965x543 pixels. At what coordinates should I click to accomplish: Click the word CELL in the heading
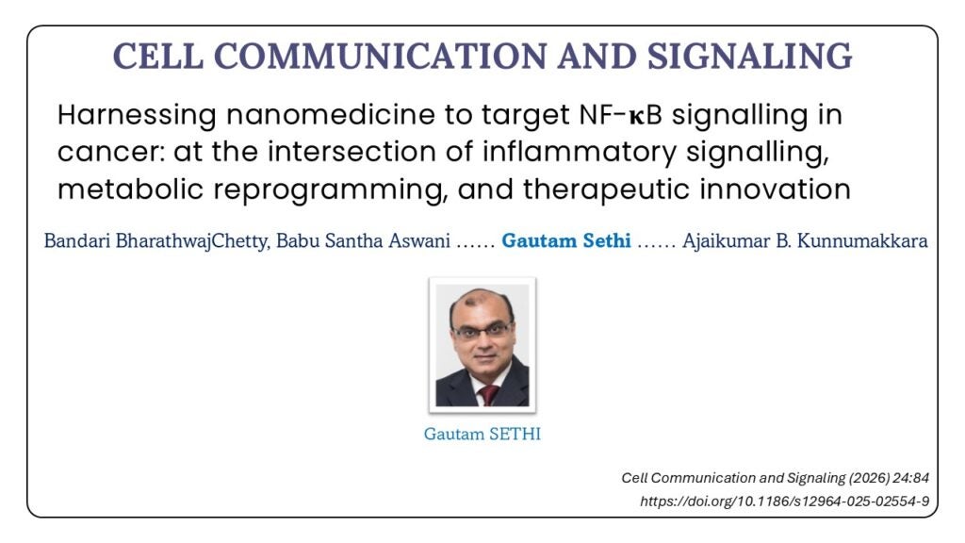click(158, 56)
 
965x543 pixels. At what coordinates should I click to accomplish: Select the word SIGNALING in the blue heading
click(749, 56)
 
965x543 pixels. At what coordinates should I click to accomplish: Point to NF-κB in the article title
click(620, 114)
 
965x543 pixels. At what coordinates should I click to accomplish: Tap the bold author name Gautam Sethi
click(566, 240)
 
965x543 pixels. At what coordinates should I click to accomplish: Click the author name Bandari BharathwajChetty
click(156, 240)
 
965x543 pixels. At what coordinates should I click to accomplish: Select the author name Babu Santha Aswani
click(363, 240)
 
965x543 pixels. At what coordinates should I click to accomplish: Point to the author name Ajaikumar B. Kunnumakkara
click(805, 240)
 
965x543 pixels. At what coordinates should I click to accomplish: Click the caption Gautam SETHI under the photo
click(482, 434)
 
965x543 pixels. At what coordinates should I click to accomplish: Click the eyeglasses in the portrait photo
click(482, 332)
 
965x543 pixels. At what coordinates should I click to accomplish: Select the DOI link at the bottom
click(785, 502)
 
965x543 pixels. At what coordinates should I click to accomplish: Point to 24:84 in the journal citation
click(911, 478)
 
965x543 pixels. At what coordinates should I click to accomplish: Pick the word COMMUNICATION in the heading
click(381, 56)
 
